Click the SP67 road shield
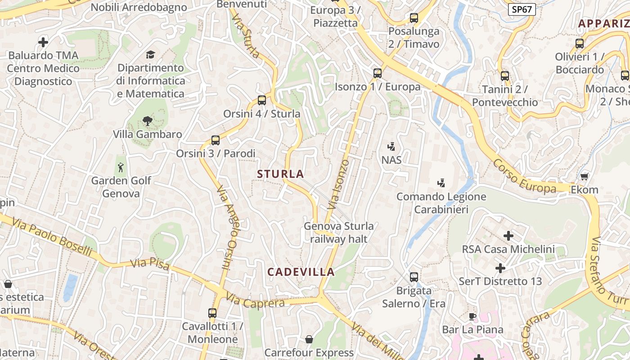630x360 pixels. [522, 9]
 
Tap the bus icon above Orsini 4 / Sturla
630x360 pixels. [262, 100]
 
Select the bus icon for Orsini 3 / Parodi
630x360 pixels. [216, 140]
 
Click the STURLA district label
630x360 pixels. [280, 174]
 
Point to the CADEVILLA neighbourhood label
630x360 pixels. [301, 272]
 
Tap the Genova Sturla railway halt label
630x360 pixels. [339, 232]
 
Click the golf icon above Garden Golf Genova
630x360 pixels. [121, 168]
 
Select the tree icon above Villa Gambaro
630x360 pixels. [147, 121]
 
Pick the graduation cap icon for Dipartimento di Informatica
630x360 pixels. [150, 55]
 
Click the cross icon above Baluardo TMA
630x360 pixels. [43, 42]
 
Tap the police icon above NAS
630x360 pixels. [391, 146]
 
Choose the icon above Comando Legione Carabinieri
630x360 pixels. [441, 183]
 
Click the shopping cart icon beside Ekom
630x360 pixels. [584, 176]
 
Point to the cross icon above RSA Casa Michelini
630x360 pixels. [508, 235]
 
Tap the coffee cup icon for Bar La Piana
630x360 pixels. [472, 316]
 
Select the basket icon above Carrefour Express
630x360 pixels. [309, 339]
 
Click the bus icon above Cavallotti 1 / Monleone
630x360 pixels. [212, 313]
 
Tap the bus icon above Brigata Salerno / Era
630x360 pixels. [414, 277]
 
